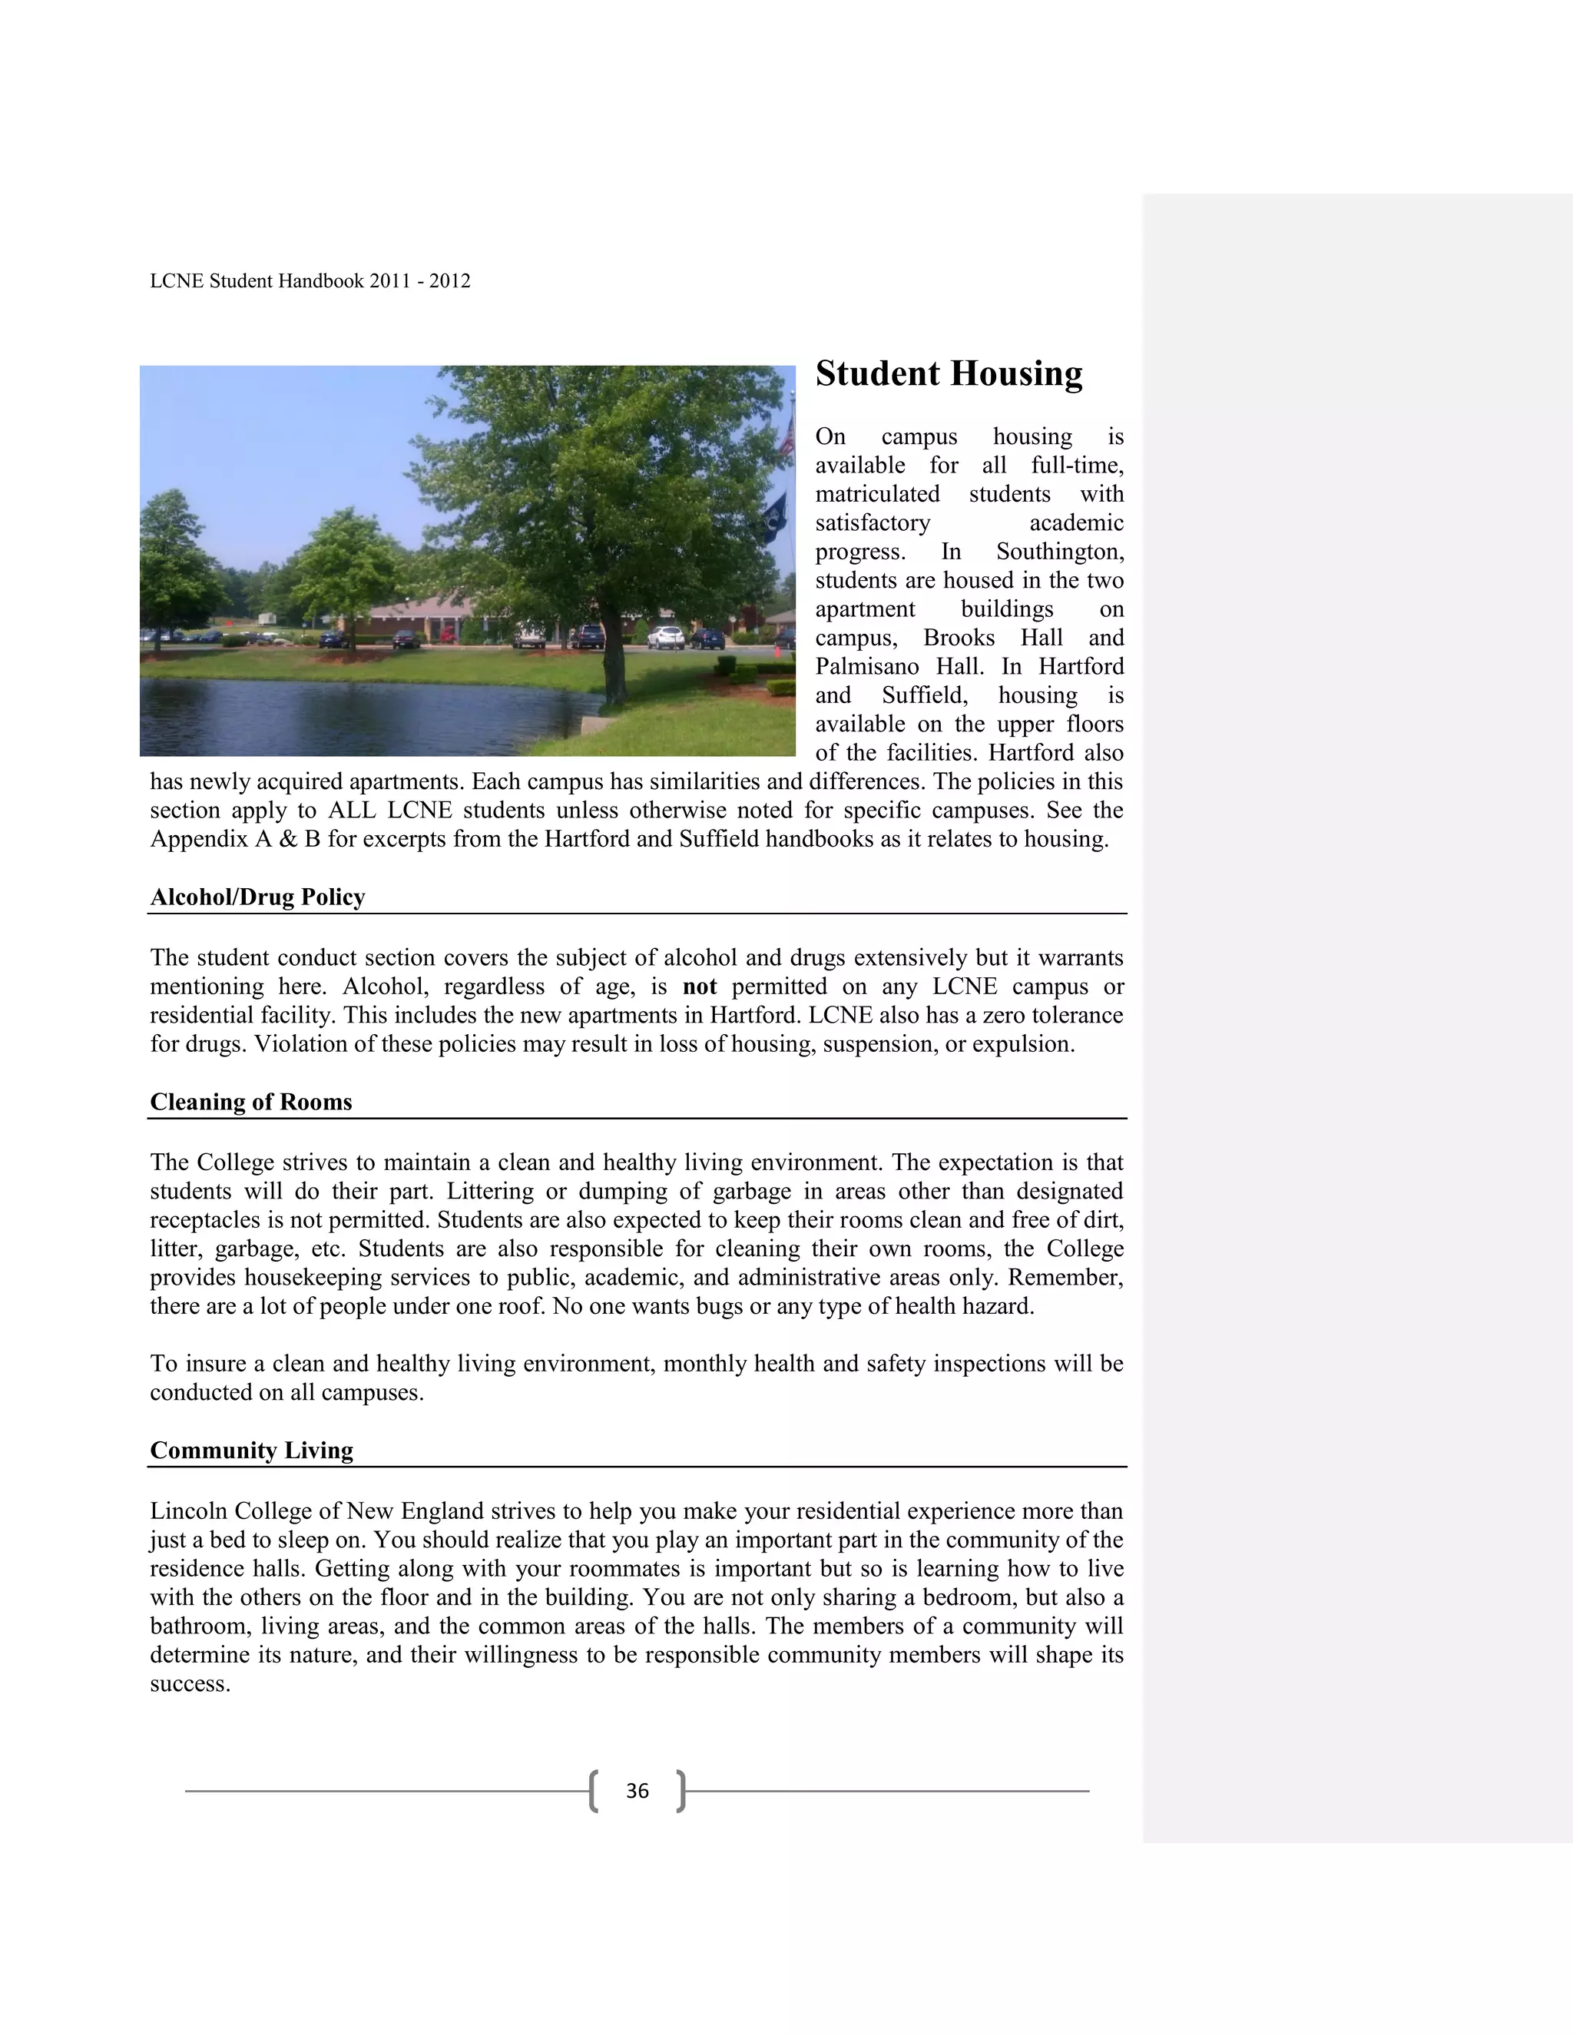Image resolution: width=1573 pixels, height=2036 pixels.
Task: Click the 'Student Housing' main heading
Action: pos(949,374)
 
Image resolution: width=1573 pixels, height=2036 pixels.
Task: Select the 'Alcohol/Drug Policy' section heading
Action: pos(257,897)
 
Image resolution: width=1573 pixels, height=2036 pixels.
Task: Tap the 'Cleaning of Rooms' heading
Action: pos(250,1102)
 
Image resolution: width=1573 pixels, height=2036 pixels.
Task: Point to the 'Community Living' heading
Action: pos(252,1451)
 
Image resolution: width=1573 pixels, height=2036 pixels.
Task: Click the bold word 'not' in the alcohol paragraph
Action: pos(700,986)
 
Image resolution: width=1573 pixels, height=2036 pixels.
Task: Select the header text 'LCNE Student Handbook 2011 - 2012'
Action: pos(310,281)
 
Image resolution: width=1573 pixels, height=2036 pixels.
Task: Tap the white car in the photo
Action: pos(665,638)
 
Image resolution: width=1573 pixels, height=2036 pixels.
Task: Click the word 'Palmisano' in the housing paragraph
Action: pos(878,667)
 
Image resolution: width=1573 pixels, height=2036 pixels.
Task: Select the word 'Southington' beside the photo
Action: pos(1058,552)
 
